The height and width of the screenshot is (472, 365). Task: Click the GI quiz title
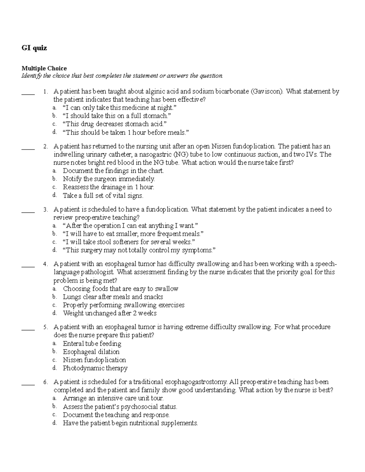pos(34,48)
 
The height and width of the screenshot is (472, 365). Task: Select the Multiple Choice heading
pos(44,68)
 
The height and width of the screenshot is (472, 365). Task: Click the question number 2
pos(45,146)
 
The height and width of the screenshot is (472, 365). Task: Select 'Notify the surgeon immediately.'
pos(109,179)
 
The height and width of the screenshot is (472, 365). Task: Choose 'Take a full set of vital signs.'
pos(103,195)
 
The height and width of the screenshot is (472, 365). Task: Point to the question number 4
pos(45,264)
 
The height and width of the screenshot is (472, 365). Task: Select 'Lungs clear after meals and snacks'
pos(113,297)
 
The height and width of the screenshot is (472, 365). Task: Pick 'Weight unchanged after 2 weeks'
pos(109,313)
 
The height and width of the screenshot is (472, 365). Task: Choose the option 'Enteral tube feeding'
pos(92,344)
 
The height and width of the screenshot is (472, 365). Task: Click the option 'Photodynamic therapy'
pos(95,368)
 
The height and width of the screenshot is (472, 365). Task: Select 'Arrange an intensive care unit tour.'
pos(113,398)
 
